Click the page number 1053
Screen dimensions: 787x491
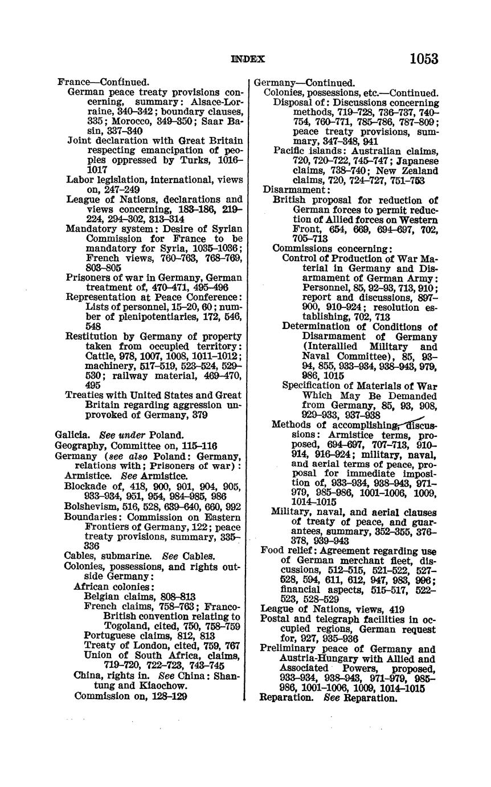(x=423, y=59)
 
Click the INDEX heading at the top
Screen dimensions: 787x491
(x=248, y=59)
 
